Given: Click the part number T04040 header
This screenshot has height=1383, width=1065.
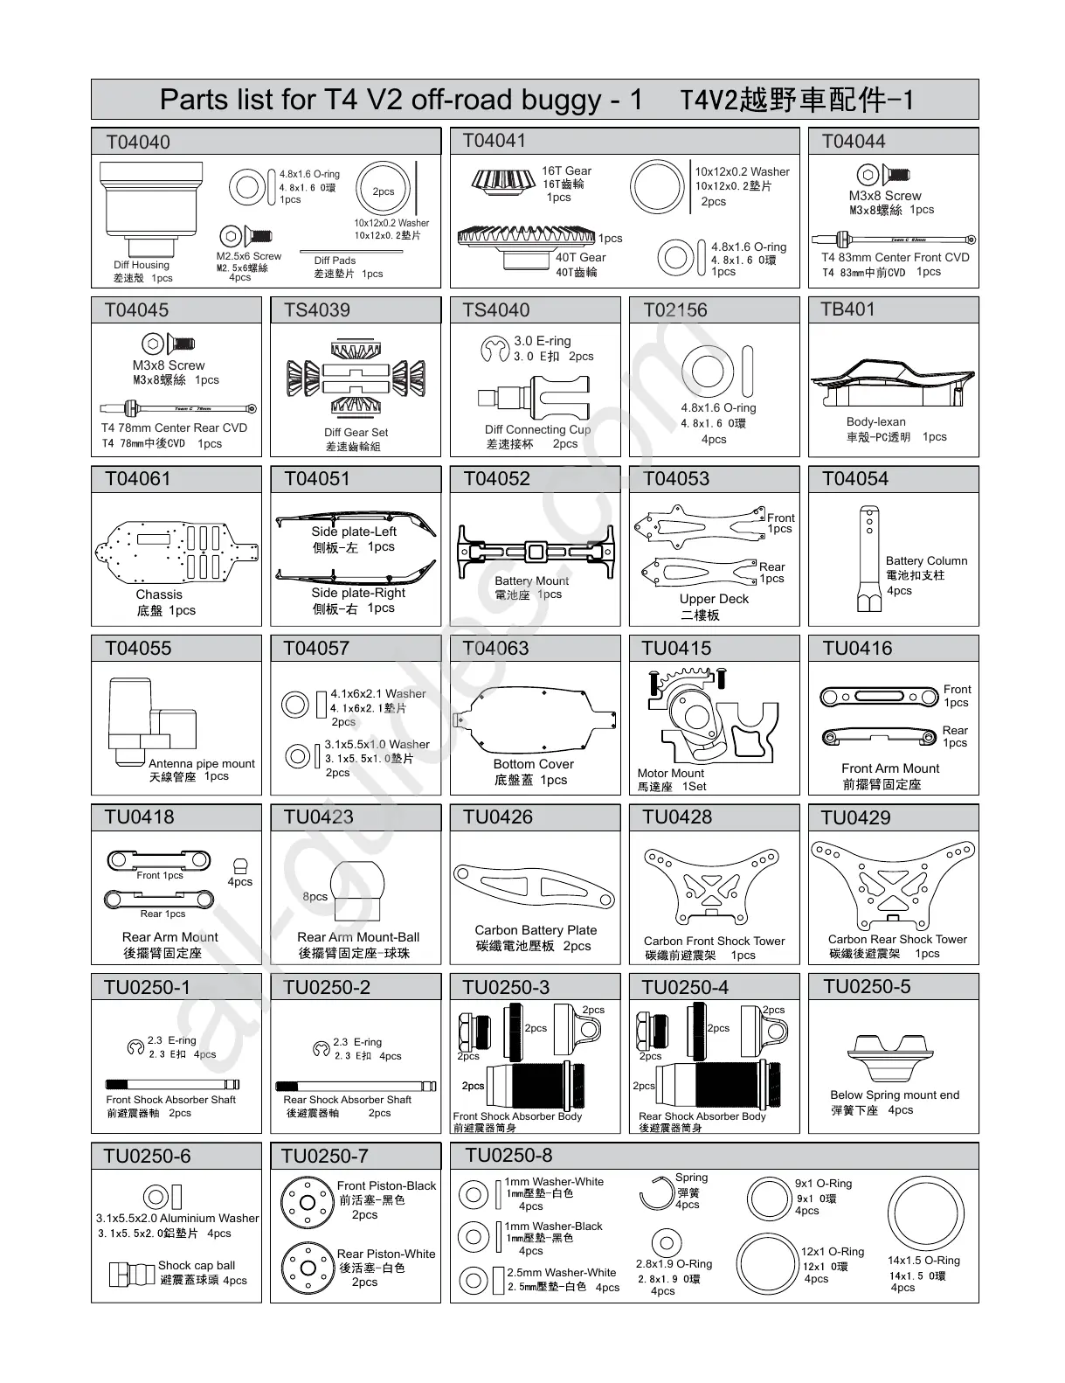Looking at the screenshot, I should point(138,142).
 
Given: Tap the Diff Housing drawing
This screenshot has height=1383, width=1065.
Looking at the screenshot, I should point(151,208).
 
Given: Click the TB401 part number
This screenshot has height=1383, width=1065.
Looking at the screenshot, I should point(847,309).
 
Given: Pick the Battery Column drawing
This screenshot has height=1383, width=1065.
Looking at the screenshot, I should point(868,559).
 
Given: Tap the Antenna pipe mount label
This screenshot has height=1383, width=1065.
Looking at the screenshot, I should point(202,763).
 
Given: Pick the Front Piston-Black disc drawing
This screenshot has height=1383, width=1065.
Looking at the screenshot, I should point(307,1201).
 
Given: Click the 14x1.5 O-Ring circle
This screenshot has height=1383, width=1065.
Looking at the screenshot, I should point(924,1214).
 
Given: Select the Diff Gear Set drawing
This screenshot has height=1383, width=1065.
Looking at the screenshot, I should point(356,380).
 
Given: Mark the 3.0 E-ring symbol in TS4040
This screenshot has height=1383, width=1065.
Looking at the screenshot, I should point(494,350).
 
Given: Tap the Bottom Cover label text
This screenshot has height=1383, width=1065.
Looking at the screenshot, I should point(533,764).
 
